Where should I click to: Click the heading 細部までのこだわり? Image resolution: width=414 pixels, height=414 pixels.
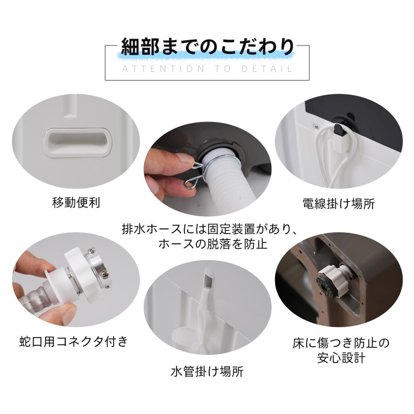(x=207, y=47)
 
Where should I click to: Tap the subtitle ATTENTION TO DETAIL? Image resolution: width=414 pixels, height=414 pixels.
(x=207, y=69)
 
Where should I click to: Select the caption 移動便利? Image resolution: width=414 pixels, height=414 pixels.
(x=76, y=202)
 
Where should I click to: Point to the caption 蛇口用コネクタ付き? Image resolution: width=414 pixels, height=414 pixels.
(x=74, y=341)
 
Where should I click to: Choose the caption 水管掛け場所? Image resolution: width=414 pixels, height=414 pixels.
(x=207, y=371)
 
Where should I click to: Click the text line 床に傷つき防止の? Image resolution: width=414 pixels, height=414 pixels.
(x=341, y=343)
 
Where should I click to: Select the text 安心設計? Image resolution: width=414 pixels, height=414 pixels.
(x=341, y=358)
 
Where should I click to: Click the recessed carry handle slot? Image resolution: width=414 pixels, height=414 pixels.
(x=77, y=142)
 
